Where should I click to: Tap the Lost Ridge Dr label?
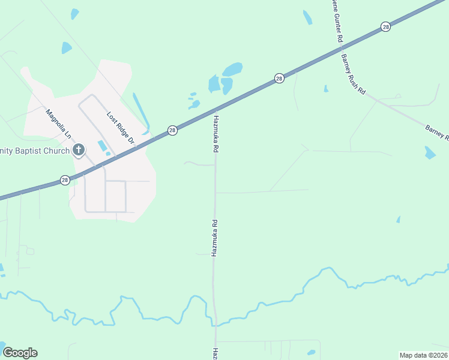pyautogui.click(x=119, y=128)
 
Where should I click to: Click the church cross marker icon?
pyautogui.click(x=78, y=149)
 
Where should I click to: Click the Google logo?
pyautogui.click(x=20, y=353)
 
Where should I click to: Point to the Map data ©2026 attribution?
pyautogui.click(x=423, y=355)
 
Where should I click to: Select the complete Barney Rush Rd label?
pyautogui.click(x=353, y=74)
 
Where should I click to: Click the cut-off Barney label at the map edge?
pyautogui.click(x=437, y=133)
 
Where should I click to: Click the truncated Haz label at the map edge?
pyautogui.click(x=214, y=354)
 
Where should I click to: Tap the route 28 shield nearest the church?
pyautogui.click(x=64, y=179)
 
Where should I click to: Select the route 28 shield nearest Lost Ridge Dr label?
pyautogui.click(x=172, y=130)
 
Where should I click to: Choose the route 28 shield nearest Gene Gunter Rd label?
pyautogui.click(x=385, y=27)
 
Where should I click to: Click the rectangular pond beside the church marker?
pyautogui.click(x=101, y=146)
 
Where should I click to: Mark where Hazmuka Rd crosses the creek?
pyautogui.click(x=214, y=323)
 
